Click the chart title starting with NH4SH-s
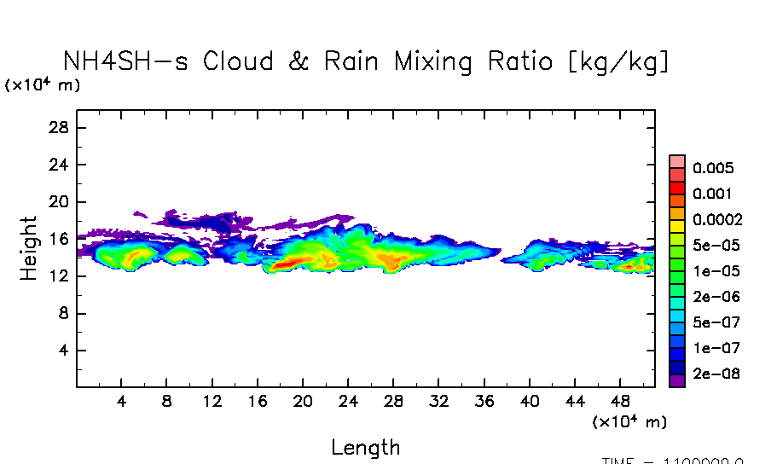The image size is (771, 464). point(367,61)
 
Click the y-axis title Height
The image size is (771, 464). point(29,249)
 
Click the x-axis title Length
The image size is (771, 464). point(365,447)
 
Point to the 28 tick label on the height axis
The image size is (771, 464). point(61,127)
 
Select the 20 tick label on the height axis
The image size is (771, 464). point(61,201)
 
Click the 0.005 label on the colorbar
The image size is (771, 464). point(713,168)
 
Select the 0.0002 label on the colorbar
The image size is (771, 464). point(717,219)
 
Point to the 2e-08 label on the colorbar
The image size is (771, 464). point(716,374)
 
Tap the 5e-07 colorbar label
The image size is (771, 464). point(716,322)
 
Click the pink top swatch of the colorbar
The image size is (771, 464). point(677,161)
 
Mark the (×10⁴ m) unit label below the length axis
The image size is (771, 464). point(629,421)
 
